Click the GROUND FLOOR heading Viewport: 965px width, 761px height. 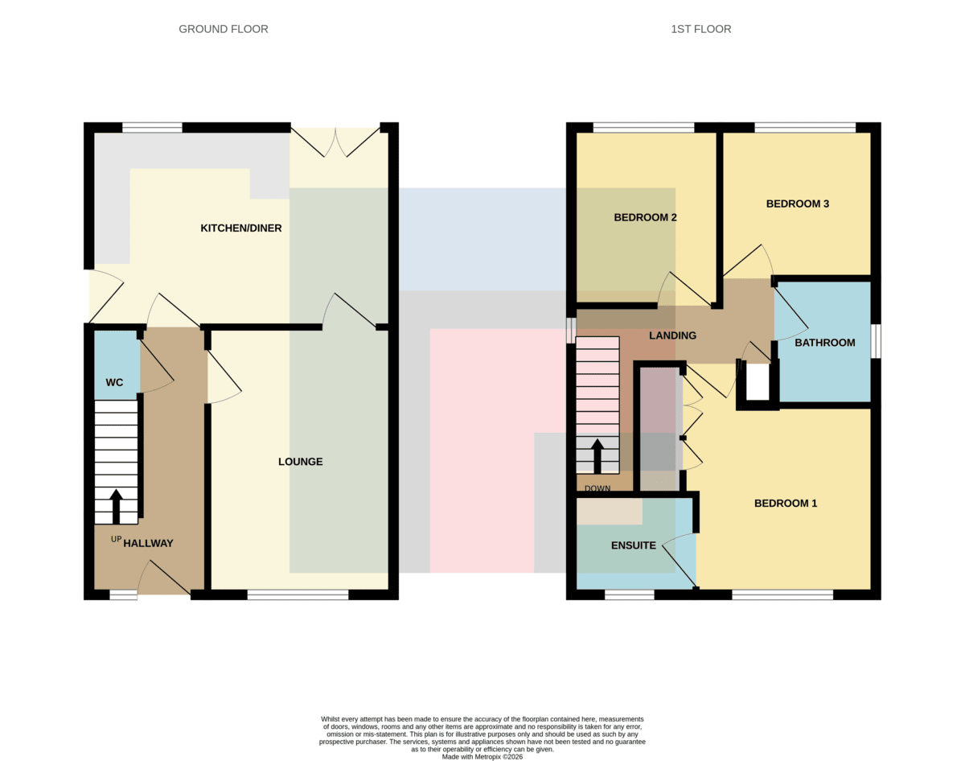point(224,29)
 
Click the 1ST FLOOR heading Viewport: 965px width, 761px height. point(701,29)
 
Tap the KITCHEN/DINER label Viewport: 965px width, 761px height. point(240,228)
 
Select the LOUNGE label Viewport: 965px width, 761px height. point(301,462)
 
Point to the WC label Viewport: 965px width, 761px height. point(114,383)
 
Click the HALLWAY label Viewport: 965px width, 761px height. point(148,543)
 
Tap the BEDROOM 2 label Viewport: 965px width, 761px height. point(645,218)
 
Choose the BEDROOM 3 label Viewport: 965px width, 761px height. point(798,204)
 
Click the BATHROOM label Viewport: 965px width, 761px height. point(825,343)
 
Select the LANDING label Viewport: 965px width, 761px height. point(672,335)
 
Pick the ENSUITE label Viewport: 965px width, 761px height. point(634,545)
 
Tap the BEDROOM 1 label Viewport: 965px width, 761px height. point(786,504)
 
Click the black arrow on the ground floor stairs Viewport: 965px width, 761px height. point(116,507)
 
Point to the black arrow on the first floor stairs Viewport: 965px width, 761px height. point(597,456)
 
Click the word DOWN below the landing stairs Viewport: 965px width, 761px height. point(597,488)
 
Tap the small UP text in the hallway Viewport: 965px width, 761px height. point(116,539)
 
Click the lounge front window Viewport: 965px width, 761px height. point(298,595)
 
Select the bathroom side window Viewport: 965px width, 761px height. point(876,341)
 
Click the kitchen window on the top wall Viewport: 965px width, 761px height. point(153,127)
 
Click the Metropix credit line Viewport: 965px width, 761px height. point(482,757)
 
